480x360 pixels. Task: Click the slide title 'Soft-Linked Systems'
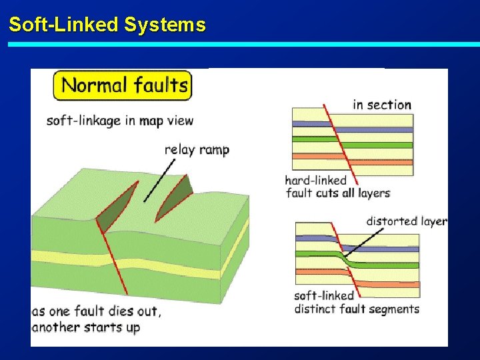point(107,25)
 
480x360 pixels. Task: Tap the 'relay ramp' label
point(197,149)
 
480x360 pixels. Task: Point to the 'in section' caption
point(381,105)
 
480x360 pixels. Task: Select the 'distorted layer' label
point(406,221)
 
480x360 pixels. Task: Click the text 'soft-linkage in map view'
point(120,121)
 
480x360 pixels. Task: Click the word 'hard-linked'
point(316,180)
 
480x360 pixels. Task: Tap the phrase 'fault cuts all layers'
point(338,193)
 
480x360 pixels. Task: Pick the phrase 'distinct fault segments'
point(357,309)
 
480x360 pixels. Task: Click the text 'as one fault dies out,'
point(96,312)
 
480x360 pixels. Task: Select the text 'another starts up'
point(86,327)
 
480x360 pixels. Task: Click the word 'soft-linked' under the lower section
point(324,296)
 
